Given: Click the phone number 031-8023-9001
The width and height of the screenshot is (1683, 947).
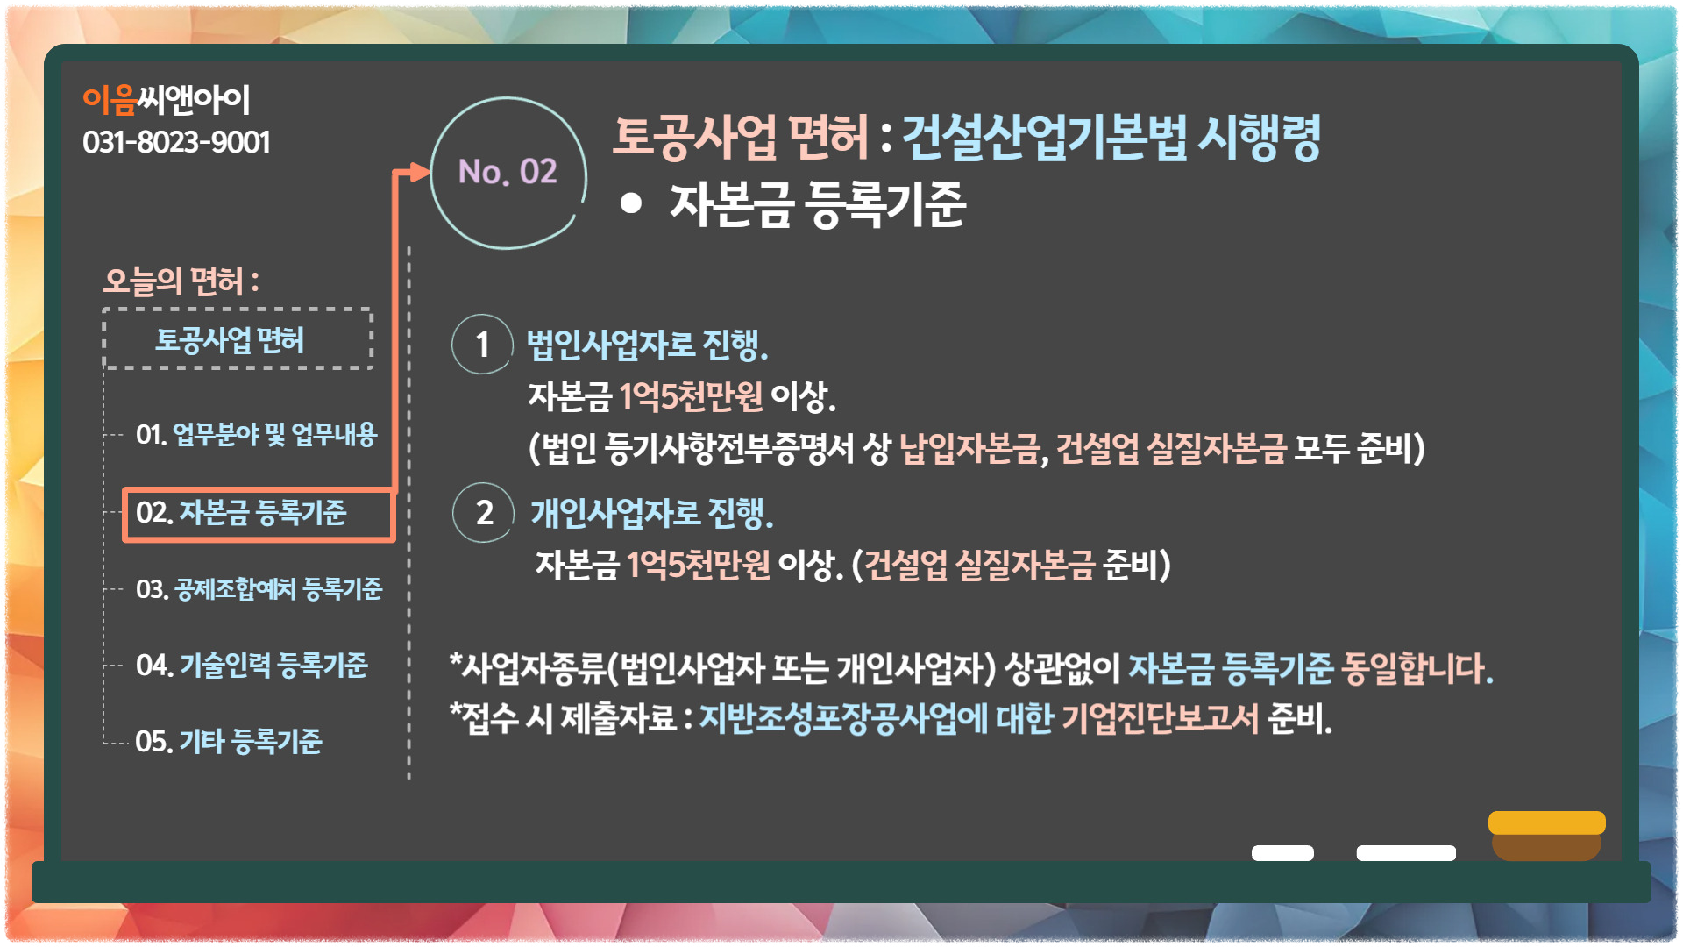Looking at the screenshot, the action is [176, 142].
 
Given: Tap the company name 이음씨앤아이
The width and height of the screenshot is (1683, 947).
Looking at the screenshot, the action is [167, 100].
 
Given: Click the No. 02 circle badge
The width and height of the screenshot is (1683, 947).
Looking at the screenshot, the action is [508, 172].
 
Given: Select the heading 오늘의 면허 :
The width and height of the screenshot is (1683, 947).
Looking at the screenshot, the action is [181, 281].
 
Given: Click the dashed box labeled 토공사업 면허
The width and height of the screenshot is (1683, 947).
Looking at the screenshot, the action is [238, 338].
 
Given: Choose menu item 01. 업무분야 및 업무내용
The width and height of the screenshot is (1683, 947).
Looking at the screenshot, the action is [256, 434].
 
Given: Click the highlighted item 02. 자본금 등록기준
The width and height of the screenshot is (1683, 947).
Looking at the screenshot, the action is [258, 515].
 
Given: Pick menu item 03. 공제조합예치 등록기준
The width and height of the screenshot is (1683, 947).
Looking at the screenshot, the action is [259, 589].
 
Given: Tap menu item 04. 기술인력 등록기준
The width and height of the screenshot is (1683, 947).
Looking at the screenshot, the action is [252, 666].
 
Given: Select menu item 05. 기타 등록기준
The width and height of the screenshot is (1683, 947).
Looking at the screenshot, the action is [229, 742].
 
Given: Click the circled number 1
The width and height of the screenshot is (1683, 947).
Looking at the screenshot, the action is [482, 345].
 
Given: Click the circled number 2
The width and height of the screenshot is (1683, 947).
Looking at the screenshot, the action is [483, 513].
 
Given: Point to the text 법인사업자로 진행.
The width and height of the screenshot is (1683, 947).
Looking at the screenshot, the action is [647, 345].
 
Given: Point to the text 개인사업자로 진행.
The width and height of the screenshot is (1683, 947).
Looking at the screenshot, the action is [652, 513].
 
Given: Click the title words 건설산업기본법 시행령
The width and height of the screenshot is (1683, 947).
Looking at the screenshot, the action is [1111, 138].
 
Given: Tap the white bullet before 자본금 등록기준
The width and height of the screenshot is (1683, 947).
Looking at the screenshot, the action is [631, 203].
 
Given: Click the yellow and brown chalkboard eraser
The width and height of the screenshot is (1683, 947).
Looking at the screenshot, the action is [1547, 836].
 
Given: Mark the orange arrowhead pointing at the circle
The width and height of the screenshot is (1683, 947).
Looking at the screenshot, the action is [420, 172].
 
